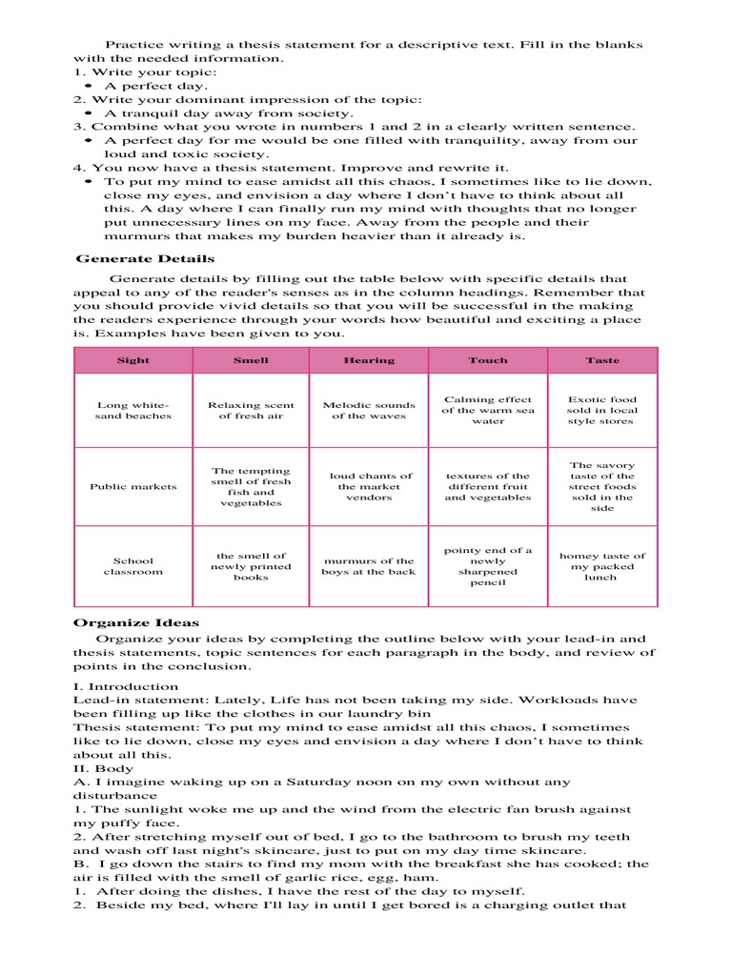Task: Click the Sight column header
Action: (x=133, y=360)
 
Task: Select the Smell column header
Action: (x=251, y=360)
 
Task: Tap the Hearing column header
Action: (x=369, y=360)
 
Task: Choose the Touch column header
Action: (x=488, y=360)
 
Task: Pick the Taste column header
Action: (x=602, y=360)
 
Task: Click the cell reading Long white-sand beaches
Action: (x=133, y=410)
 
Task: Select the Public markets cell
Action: (x=133, y=486)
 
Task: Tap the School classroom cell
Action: (x=133, y=566)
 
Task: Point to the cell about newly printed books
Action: (x=251, y=566)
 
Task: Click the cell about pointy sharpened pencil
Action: (x=488, y=566)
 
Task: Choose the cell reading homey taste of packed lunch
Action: (x=602, y=566)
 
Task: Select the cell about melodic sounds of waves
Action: (x=369, y=410)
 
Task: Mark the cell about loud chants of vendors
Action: (x=369, y=486)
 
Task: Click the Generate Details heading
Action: (x=145, y=258)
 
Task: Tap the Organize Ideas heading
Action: (x=136, y=622)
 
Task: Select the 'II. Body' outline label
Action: (x=104, y=768)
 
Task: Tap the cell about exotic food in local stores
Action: (x=602, y=410)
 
